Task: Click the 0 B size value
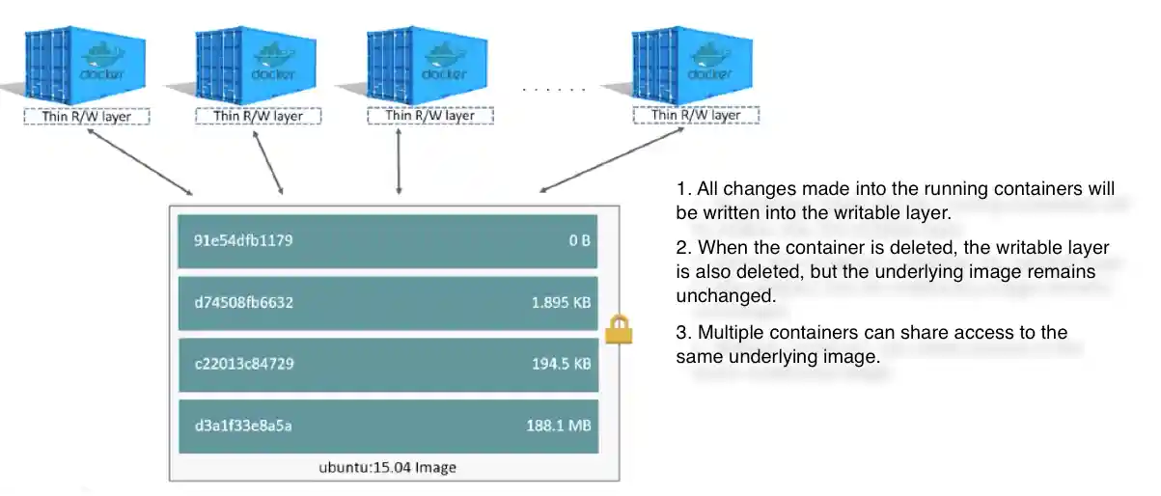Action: (579, 239)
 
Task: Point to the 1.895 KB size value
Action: (562, 302)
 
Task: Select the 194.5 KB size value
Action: (562, 364)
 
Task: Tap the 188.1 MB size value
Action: (560, 426)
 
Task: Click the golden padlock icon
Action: (618, 331)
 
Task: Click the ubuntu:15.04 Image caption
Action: (388, 467)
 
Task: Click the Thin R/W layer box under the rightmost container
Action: (696, 115)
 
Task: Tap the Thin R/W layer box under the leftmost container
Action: (88, 116)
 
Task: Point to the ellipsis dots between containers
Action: (554, 90)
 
